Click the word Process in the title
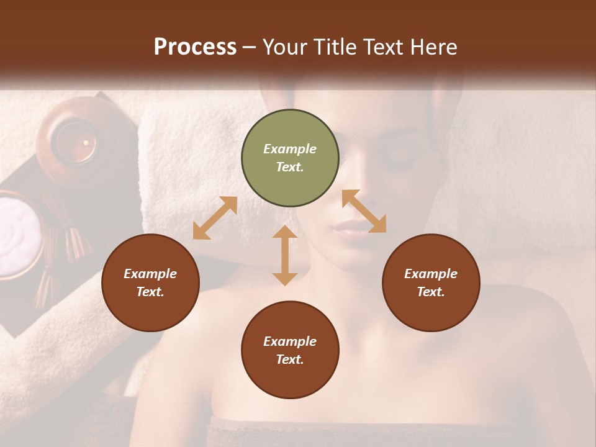click(x=195, y=47)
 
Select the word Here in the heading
click(x=433, y=47)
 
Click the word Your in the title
click(x=286, y=47)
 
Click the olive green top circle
click(x=290, y=158)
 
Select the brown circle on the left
click(x=150, y=282)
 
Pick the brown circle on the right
click(x=431, y=282)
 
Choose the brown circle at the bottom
click(x=290, y=350)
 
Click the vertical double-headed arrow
click(x=285, y=255)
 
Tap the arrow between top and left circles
click(x=215, y=218)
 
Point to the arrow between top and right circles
click(x=364, y=212)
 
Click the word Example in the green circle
click(x=290, y=149)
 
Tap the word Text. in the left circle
click(x=150, y=292)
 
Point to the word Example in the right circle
click(x=431, y=274)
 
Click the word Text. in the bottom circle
click(x=290, y=359)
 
